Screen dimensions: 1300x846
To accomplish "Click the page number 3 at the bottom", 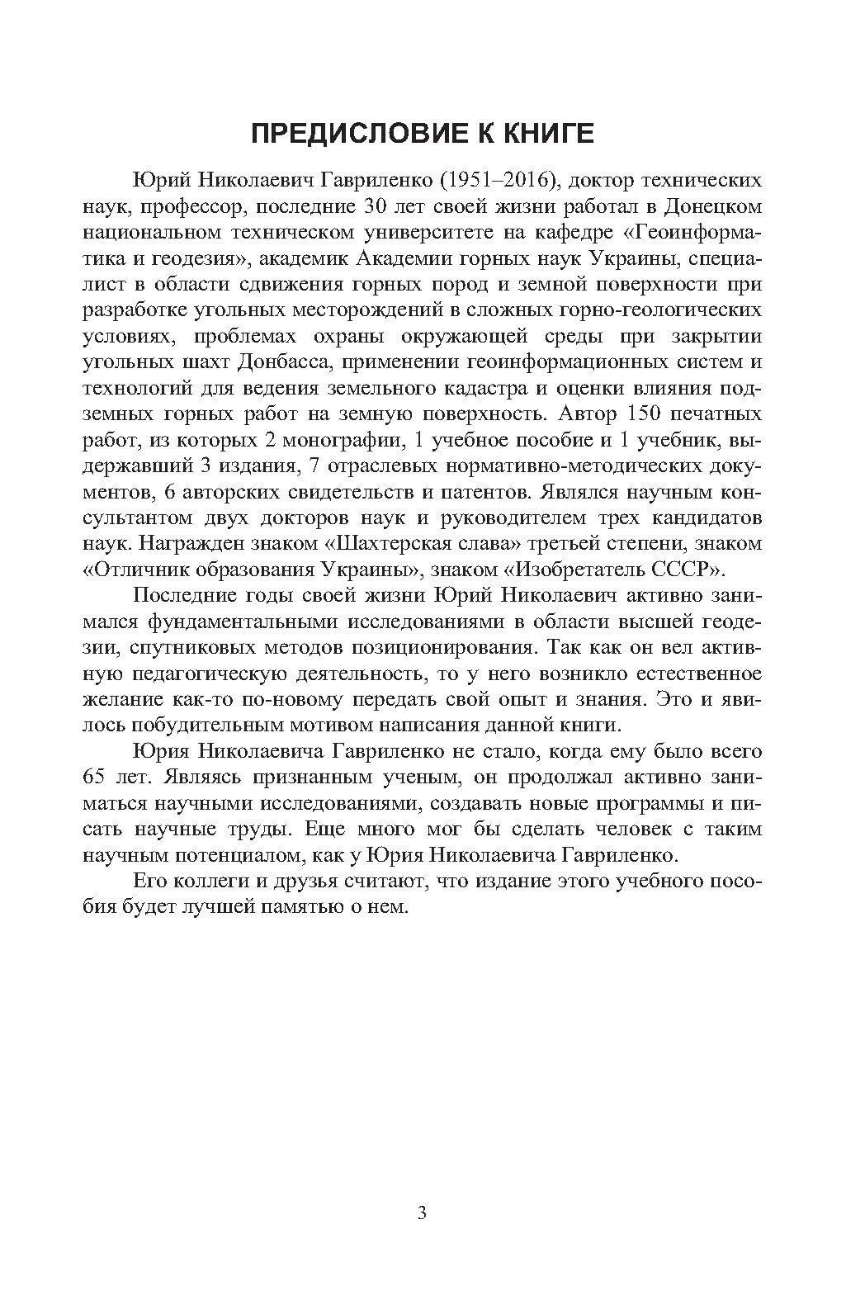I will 423,1213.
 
